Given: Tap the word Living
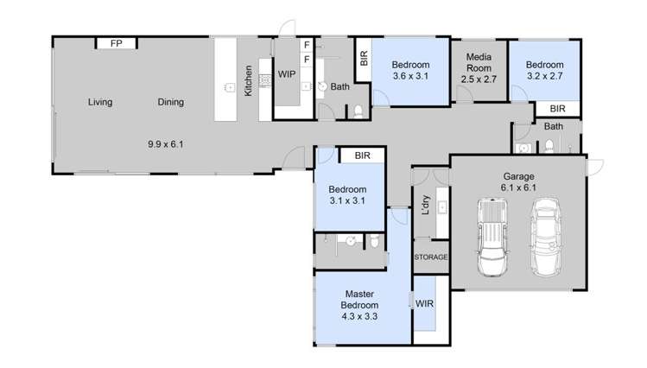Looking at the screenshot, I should point(100,103).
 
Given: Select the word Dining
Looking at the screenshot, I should point(170,103).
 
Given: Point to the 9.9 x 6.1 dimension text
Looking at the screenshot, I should point(166,143).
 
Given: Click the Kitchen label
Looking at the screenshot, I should point(247,80).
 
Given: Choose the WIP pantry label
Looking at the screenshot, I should point(287,74).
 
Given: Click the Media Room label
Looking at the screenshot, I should point(479,62).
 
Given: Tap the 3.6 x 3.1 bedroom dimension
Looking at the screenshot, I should point(410,76).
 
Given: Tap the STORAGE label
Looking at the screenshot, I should point(430,257).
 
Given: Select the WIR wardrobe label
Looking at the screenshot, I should point(424,304).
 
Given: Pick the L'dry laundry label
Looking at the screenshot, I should point(425,204).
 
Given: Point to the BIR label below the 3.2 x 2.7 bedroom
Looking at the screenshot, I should point(557,109).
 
